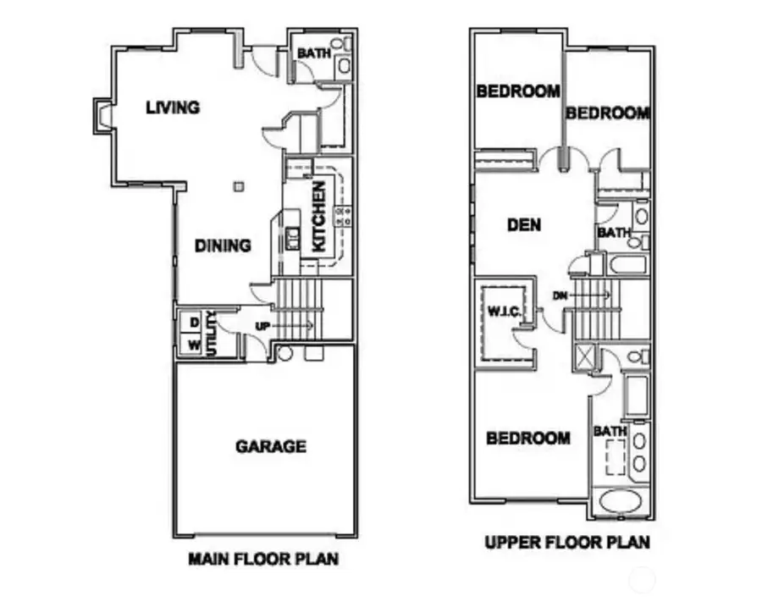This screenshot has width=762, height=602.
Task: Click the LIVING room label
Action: coord(173,108)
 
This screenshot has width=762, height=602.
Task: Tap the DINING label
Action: coord(223,246)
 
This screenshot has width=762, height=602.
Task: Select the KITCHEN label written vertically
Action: coord(318,217)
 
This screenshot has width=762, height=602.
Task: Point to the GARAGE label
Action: coord(271,446)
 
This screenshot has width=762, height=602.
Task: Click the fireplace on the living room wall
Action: coord(103,117)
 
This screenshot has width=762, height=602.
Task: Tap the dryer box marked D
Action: coord(193,323)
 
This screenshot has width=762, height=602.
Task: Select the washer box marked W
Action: coord(193,345)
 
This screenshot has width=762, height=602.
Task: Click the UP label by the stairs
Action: coord(262,327)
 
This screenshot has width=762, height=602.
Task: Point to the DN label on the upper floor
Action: coord(560,295)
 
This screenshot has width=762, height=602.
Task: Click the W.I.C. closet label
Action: coord(504,312)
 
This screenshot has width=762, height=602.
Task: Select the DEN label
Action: coord(524,225)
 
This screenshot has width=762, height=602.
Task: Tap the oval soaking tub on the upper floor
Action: coord(620,502)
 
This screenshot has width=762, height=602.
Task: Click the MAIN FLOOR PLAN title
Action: coord(263,559)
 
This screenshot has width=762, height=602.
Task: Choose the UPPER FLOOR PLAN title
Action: coord(567,542)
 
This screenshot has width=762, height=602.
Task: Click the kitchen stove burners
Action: coord(344,216)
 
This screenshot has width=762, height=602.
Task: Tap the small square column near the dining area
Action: coord(238,186)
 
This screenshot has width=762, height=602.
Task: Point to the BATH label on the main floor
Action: coord(314,53)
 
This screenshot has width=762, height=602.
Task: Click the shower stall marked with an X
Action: coord(584,357)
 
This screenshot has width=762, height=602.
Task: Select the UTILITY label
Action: coord(211,334)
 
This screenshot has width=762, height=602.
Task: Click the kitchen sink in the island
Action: coord(293,239)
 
